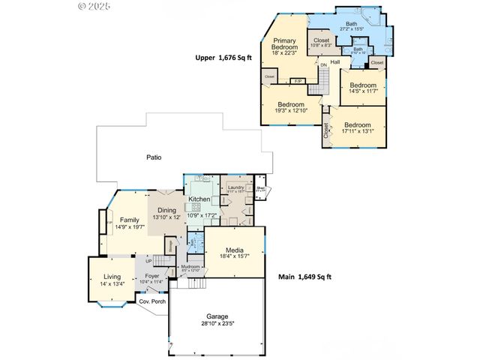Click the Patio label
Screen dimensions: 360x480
(x=154, y=157)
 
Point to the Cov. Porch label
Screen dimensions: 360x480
(x=152, y=301)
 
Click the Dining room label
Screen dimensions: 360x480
(x=167, y=211)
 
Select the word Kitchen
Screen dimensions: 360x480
(x=199, y=199)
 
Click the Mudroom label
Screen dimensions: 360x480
(x=190, y=266)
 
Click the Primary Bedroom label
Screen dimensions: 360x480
(x=284, y=44)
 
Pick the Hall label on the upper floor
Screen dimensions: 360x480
(x=335, y=61)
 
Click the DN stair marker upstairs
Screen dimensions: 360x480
(x=323, y=65)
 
